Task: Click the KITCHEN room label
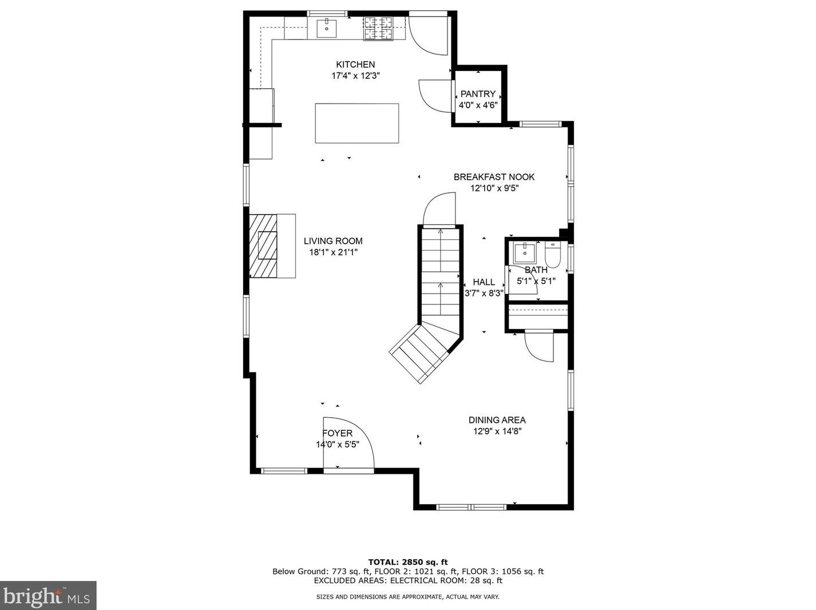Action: (x=355, y=65)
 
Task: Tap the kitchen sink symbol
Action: (x=326, y=27)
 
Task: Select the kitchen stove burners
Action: (x=378, y=28)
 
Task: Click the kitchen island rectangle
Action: (x=356, y=123)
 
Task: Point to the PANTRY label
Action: (x=478, y=94)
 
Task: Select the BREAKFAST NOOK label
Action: (x=494, y=177)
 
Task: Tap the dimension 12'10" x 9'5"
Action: (x=494, y=188)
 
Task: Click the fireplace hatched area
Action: (x=263, y=246)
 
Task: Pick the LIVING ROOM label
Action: (x=333, y=241)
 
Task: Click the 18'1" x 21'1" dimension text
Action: (x=333, y=252)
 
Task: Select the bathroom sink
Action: (x=524, y=251)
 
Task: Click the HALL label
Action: (x=484, y=282)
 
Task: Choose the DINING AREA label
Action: (x=497, y=420)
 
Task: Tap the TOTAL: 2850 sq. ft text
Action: (x=407, y=562)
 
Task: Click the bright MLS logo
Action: (x=48, y=596)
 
